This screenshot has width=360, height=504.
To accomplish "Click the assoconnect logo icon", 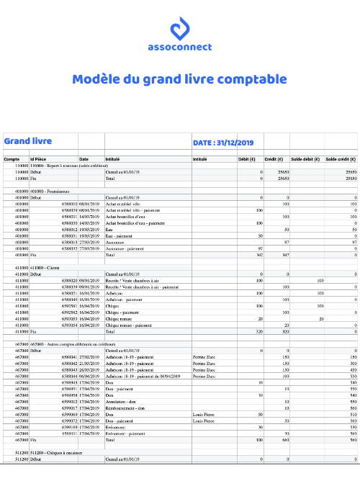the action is [x=180, y=30].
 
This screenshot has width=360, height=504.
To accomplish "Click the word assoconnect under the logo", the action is [x=180, y=48].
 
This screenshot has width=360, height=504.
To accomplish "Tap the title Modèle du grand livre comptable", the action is [x=179, y=79].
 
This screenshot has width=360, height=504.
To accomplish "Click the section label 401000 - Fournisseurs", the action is [x=48, y=191].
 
